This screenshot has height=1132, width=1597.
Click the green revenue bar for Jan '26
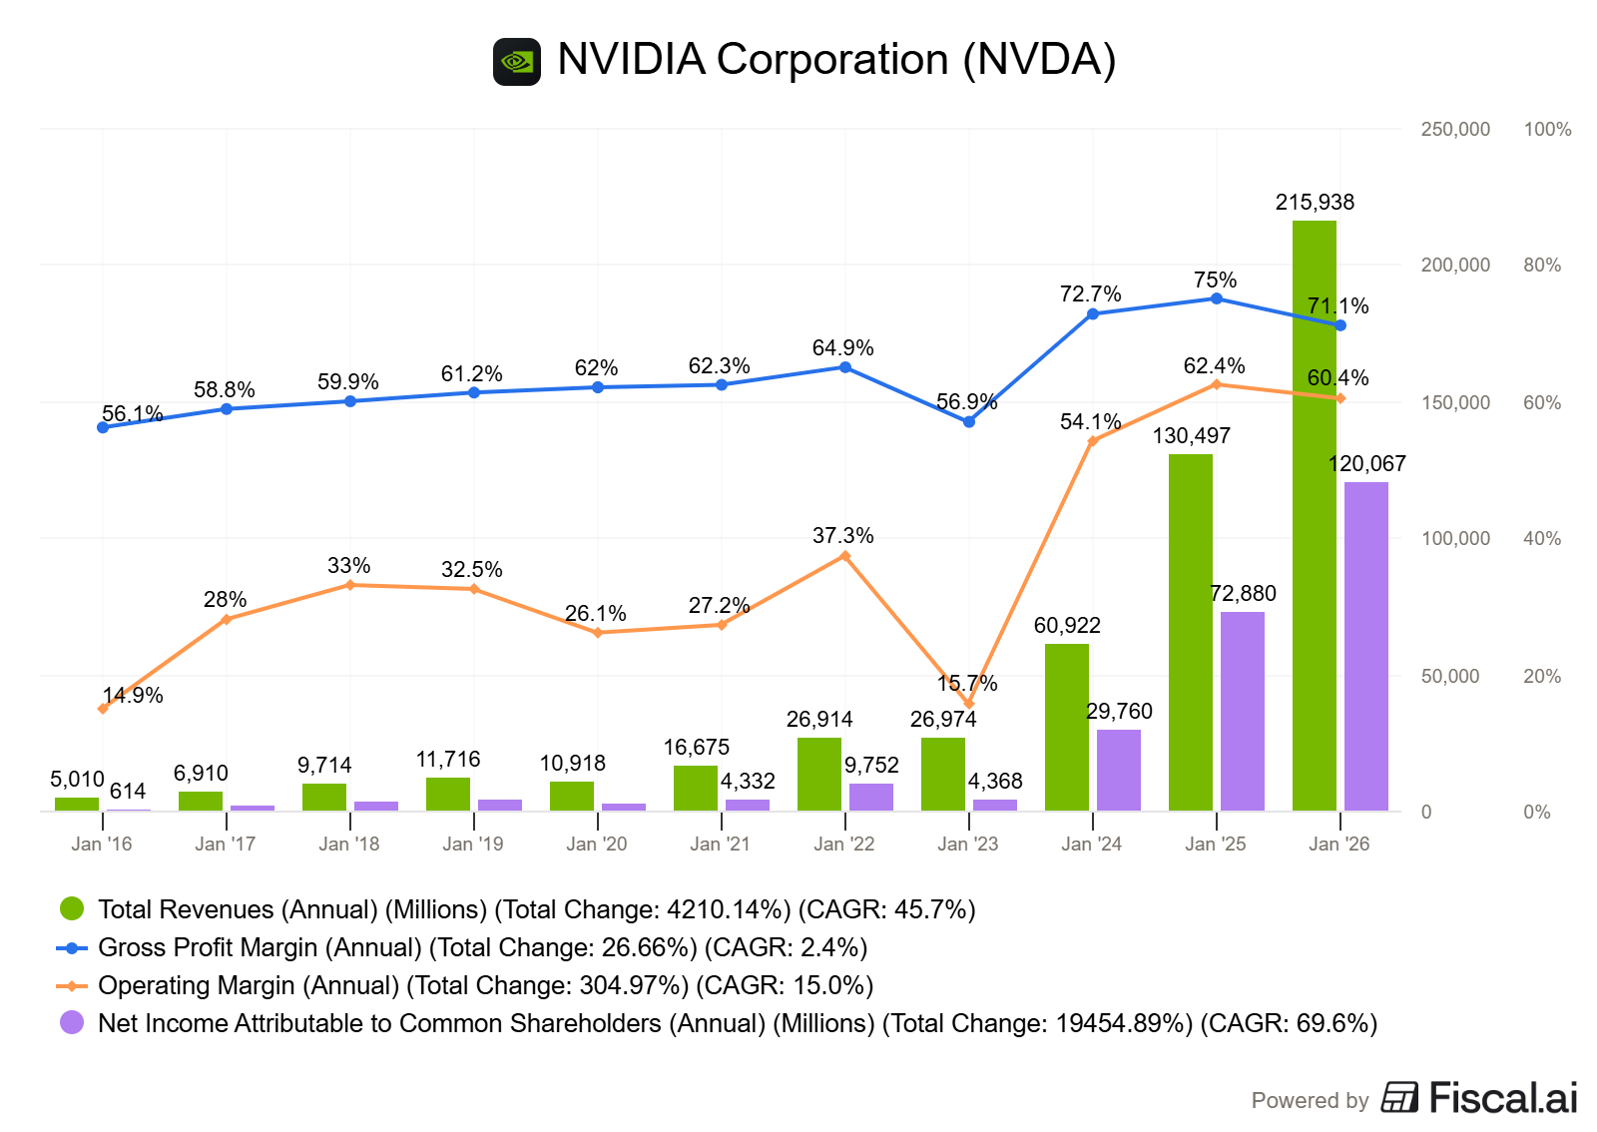(x=1314, y=515)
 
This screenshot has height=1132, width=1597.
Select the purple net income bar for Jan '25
(x=1242, y=711)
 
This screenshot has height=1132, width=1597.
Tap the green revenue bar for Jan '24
(x=1066, y=727)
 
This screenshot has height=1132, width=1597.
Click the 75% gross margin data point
(x=1216, y=298)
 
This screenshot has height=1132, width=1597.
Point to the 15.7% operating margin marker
(x=968, y=704)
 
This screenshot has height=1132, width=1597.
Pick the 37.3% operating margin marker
(x=844, y=556)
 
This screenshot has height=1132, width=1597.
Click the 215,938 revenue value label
(x=1315, y=203)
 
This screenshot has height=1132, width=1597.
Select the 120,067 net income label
(x=1366, y=464)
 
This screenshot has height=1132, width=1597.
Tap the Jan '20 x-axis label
(x=596, y=845)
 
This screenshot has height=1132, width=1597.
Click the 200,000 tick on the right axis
(x=1455, y=266)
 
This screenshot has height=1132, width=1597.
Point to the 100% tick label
(x=1547, y=130)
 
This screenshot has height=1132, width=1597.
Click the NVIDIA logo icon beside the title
(x=517, y=62)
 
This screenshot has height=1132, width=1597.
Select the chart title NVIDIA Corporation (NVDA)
(x=836, y=60)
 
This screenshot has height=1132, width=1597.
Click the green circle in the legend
(x=72, y=908)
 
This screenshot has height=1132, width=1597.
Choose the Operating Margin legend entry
(x=485, y=986)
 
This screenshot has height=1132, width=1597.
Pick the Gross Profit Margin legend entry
(x=482, y=948)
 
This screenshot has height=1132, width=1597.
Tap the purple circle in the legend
(x=72, y=1022)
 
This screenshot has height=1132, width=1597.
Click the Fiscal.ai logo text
(x=1502, y=1098)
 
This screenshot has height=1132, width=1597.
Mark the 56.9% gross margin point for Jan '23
(x=968, y=422)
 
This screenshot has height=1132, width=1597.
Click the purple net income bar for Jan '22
(x=870, y=797)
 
